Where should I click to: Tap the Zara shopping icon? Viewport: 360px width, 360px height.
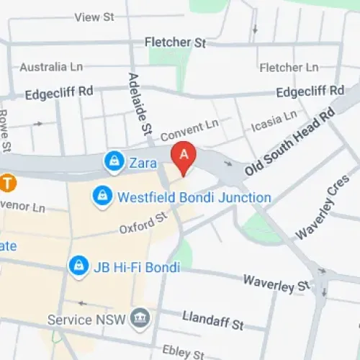tap(113, 163)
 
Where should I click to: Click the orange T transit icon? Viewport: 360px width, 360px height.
tap(7, 183)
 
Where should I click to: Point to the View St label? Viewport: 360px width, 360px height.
tap(94, 17)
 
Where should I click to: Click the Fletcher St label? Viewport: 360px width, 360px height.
tap(175, 42)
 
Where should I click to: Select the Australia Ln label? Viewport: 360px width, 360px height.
tap(51, 67)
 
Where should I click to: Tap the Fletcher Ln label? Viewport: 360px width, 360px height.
tap(288, 68)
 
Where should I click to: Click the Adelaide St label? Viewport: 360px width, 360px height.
tap(138, 104)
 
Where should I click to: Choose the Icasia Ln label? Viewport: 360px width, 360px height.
tap(274, 122)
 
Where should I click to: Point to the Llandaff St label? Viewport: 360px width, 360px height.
tap(214, 318)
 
